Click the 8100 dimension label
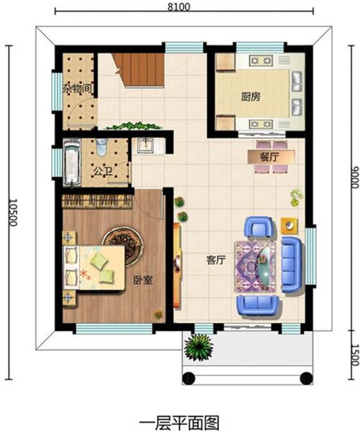pyautogui.click(x=179, y=6)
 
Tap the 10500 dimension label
pyautogui.click(x=12, y=212)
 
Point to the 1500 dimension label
pyautogui.click(x=355, y=355)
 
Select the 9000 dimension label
pyautogui.click(x=355, y=177)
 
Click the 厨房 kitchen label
pyautogui.click(x=251, y=97)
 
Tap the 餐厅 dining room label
pyautogui.click(x=269, y=157)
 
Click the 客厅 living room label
pyautogui.click(x=216, y=260)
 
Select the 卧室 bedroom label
pyautogui.click(x=143, y=281)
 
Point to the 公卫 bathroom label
pyautogui.click(x=102, y=172)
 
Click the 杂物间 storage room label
pyautogui.click(x=78, y=89)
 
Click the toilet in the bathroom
pyautogui.click(x=102, y=146)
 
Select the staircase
pyautogui.click(x=139, y=70)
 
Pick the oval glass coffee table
pyautogui.click(x=265, y=265)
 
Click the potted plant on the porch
pyautogui.click(x=199, y=347)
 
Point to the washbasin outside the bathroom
pyautogui.click(x=145, y=145)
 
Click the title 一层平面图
pyautogui.click(x=180, y=423)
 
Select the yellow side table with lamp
pyautogui.click(x=289, y=226)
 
